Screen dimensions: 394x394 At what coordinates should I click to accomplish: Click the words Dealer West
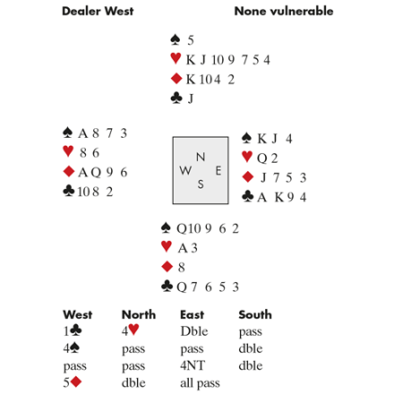tap(98, 12)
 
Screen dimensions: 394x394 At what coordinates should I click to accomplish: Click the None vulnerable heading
tap(284, 12)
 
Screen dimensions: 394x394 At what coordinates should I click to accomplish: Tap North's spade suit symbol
tap(176, 39)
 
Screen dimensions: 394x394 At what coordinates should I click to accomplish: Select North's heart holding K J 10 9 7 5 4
tap(228, 60)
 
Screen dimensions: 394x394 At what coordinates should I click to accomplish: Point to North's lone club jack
tap(191, 98)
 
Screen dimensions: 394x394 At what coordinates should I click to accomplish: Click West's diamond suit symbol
tap(69, 172)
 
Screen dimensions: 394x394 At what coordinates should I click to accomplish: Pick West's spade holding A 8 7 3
tap(103, 133)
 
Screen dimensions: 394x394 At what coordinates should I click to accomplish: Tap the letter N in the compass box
tap(201, 157)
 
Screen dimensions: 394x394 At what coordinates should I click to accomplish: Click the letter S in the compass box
tap(201, 184)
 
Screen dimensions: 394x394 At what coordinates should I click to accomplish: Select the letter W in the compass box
tap(185, 171)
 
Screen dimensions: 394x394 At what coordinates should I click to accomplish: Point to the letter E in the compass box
tap(218, 171)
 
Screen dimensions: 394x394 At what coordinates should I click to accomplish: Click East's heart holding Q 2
tap(267, 158)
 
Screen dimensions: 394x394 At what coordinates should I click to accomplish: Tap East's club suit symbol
tap(248, 196)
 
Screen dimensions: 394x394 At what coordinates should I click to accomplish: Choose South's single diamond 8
tap(182, 267)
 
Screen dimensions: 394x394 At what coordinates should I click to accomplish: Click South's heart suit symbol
tap(167, 246)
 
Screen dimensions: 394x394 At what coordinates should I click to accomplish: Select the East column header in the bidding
tap(193, 314)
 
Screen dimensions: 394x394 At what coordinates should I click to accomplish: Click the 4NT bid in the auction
tap(193, 365)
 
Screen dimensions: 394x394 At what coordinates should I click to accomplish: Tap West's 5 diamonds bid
tap(73, 382)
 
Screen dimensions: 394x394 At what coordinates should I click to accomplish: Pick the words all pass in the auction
tap(200, 383)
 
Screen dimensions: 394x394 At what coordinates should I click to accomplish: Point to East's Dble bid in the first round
tap(194, 331)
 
